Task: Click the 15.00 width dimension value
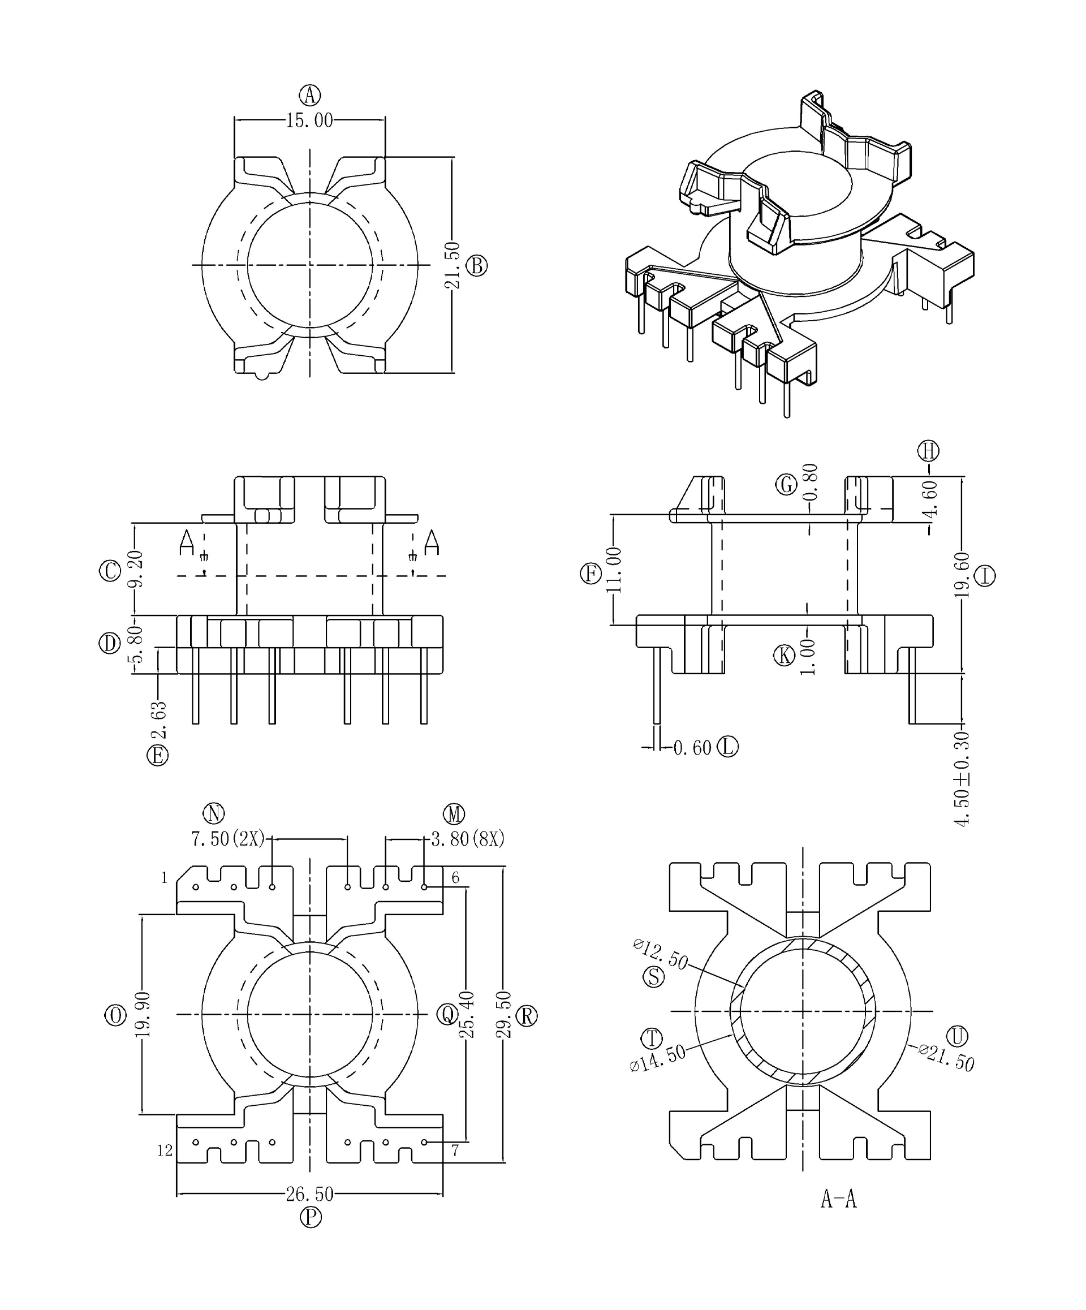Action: [x=309, y=120]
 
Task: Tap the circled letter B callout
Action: [x=477, y=266]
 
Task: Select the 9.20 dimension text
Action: [x=136, y=568]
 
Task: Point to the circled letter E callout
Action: [x=157, y=756]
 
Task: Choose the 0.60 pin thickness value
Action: [x=692, y=747]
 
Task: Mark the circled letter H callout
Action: [x=928, y=450]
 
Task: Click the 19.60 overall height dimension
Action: [x=962, y=575]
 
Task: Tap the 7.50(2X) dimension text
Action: [x=228, y=839]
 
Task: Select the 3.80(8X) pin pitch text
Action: [x=467, y=839]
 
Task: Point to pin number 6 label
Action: [x=455, y=878]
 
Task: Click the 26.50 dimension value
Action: [x=309, y=1194]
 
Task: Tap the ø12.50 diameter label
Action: [x=660, y=955]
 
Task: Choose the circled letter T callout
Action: [x=652, y=1038]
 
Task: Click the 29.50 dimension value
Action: [x=504, y=1014]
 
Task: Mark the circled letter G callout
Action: [x=786, y=484]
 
